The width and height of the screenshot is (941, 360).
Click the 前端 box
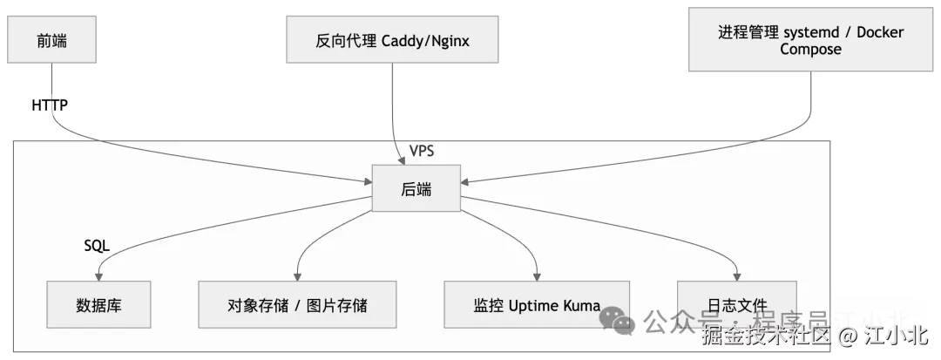(x=49, y=40)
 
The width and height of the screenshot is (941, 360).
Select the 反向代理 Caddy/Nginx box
(x=395, y=41)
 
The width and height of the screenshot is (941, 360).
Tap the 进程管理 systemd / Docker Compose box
(x=810, y=40)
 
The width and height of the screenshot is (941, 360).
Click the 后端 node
(x=416, y=188)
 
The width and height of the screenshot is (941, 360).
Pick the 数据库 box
(x=98, y=305)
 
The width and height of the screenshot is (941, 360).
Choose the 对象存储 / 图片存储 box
(x=297, y=305)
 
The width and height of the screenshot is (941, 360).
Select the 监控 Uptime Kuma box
(x=537, y=305)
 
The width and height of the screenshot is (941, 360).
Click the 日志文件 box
(x=737, y=305)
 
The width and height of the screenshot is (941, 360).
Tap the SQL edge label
(x=96, y=247)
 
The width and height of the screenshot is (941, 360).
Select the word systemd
(x=811, y=33)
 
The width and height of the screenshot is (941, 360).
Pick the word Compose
(x=810, y=50)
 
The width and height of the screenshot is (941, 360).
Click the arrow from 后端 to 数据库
(x=218, y=227)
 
